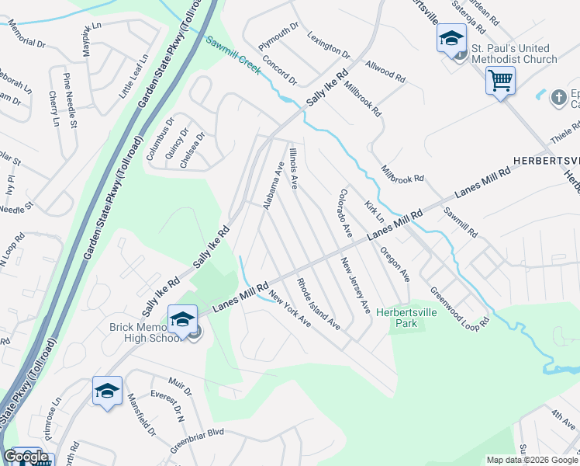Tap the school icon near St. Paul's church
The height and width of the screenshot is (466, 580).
tap(451, 39)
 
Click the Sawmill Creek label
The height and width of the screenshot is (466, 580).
tap(233, 54)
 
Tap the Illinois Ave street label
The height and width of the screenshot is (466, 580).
tap(293, 167)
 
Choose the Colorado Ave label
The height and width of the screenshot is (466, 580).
tap(345, 213)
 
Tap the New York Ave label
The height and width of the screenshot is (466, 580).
tap(290, 308)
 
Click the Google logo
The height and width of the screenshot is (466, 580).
tap(25, 457)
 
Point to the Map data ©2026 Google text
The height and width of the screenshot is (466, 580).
tap(531, 460)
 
